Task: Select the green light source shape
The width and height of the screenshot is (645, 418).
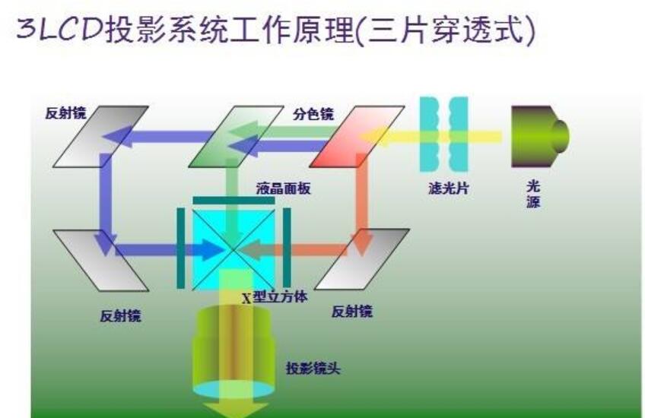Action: tap(538, 135)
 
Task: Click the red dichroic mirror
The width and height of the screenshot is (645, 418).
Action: tap(356, 136)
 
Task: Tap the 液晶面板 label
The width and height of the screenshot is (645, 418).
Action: tap(283, 188)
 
